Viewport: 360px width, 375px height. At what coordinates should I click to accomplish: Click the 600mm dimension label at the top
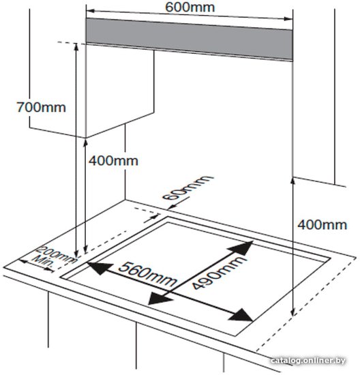190,7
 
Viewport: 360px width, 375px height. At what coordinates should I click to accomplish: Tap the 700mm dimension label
41,107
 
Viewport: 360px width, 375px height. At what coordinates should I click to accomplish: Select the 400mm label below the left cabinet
113,161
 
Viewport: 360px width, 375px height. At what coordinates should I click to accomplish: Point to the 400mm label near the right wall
322,225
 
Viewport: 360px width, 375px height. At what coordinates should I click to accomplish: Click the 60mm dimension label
187,187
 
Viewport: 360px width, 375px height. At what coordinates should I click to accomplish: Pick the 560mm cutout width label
148,274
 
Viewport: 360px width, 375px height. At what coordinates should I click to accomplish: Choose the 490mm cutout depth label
219,273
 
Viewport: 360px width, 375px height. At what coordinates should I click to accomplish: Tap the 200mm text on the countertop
56,255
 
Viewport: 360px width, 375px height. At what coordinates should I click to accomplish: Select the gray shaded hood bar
189,40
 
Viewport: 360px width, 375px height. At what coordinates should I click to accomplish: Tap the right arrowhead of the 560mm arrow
241,315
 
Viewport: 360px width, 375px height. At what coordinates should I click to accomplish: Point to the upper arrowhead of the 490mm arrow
241,249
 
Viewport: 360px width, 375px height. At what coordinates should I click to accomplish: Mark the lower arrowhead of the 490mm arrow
160,298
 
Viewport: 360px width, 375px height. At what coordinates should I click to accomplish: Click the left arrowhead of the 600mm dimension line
91,11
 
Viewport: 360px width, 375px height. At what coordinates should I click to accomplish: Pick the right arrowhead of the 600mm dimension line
288,18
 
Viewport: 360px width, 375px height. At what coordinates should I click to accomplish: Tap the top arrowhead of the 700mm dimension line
76,47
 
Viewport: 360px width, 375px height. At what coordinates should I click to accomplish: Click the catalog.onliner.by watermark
308,360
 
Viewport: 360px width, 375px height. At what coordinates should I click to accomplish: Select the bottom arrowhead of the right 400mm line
292,311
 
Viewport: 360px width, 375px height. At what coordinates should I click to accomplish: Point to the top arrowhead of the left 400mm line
85,144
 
